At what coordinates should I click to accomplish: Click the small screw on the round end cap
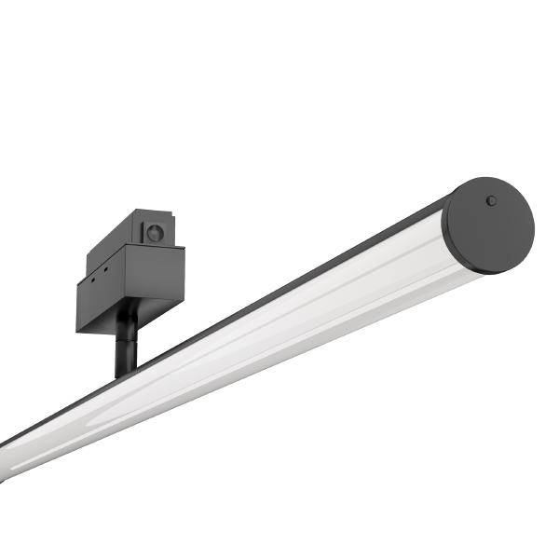coord(492,200)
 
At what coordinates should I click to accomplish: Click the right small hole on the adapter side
coord(106,271)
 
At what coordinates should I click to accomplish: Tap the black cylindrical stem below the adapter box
coord(125,349)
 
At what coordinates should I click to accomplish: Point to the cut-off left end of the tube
coord(6,461)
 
